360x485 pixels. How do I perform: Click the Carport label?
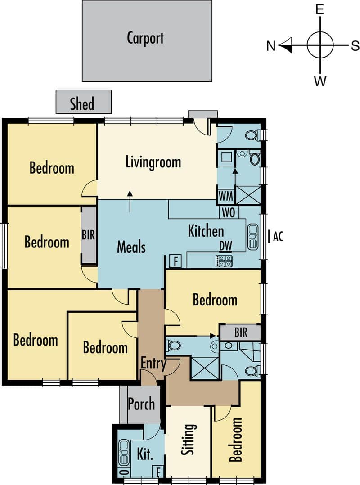click(x=145, y=38)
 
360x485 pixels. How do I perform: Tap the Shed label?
click(x=82, y=103)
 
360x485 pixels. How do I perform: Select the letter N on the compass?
click(x=270, y=46)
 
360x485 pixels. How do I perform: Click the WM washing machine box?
click(x=226, y=196)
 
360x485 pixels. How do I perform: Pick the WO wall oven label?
click(x=229, y=213)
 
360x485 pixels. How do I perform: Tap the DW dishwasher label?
click(x=225, y=246)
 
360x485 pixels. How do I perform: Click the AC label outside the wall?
click(x=278, y=237)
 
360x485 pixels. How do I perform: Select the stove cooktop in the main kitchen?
click(x=224, y=261)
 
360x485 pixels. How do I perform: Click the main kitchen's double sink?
click(x=253, y=237)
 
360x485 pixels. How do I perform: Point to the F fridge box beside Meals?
click(x=175, y=261)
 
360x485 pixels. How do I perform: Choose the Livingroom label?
click(x=153, y=162)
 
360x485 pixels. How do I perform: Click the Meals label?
click(x=131, y=247)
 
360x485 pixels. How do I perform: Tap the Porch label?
click(x=141, y=404)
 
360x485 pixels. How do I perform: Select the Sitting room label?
click(x=188, y=439)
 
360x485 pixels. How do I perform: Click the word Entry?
click(x=154, y=364)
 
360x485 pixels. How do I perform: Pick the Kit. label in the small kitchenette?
click(x=145, y=454)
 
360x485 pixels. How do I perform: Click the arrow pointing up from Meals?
click(x=130, y=202)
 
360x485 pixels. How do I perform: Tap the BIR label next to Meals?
click(x=89, y=235)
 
